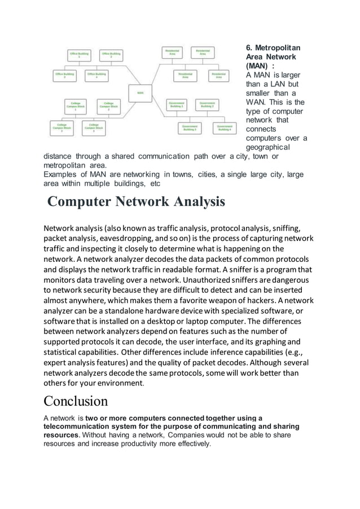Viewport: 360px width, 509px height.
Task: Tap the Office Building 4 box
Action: pos(96,76)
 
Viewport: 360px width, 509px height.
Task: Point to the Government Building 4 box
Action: pos(224,128)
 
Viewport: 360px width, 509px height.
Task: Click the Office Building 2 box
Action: pos(111,55)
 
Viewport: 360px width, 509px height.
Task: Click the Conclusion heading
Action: pos(76,401)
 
